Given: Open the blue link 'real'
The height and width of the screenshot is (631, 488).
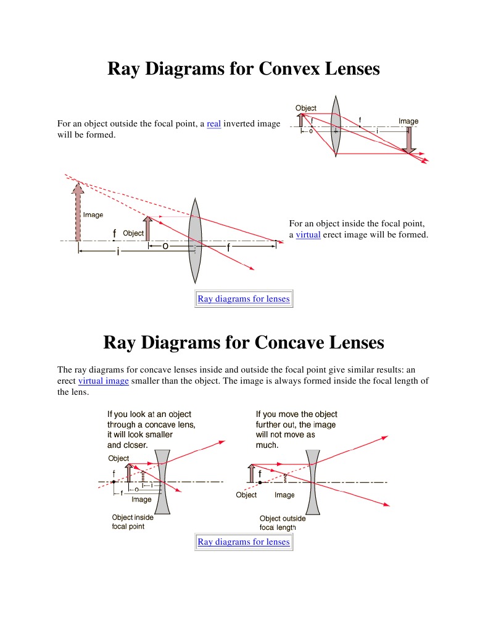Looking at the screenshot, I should click(x=214, y=124).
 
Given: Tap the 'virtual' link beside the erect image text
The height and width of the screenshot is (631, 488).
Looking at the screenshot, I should click(x=308, y=235).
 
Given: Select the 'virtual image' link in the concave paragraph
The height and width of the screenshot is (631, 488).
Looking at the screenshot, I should click(x=104, y=381).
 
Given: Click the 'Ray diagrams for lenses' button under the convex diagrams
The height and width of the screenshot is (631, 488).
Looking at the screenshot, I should click(x=243, y=299).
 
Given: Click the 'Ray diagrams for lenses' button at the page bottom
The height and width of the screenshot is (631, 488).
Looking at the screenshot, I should click(x=243, y=542).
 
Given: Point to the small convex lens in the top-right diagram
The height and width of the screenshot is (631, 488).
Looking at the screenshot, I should click(x=335, y=131).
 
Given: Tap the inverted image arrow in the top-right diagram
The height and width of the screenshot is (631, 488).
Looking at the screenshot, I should click(x=408, y=141).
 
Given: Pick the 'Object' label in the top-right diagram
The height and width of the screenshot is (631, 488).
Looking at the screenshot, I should click(x=306, y=109).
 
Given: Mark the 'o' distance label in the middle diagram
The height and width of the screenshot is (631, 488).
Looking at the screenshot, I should click(x=165, y=246).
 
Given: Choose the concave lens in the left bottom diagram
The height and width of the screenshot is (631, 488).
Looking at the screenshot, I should click(x=162, y=480).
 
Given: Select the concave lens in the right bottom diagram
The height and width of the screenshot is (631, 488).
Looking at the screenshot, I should click(x=313, y=480).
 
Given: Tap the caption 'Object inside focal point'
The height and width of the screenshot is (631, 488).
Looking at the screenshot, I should click(x=133, y=522).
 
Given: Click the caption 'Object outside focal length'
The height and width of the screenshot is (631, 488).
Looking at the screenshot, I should click(x=283, y=523).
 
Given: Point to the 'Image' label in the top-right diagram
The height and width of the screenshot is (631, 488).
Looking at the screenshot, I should click(x=408, y=121).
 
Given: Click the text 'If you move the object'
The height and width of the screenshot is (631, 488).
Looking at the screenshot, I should click(x=297, y=414).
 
